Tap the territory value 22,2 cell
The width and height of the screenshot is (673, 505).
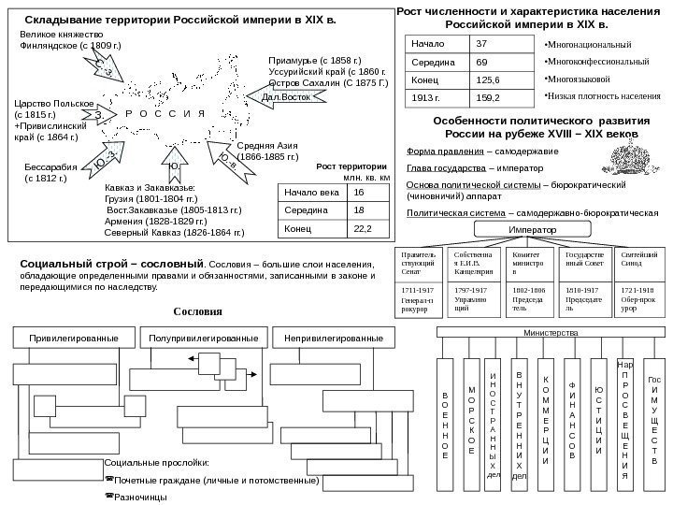(363, 227)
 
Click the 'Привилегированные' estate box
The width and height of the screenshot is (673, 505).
(72, 337)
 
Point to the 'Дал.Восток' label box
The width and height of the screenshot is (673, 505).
(284, 96)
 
